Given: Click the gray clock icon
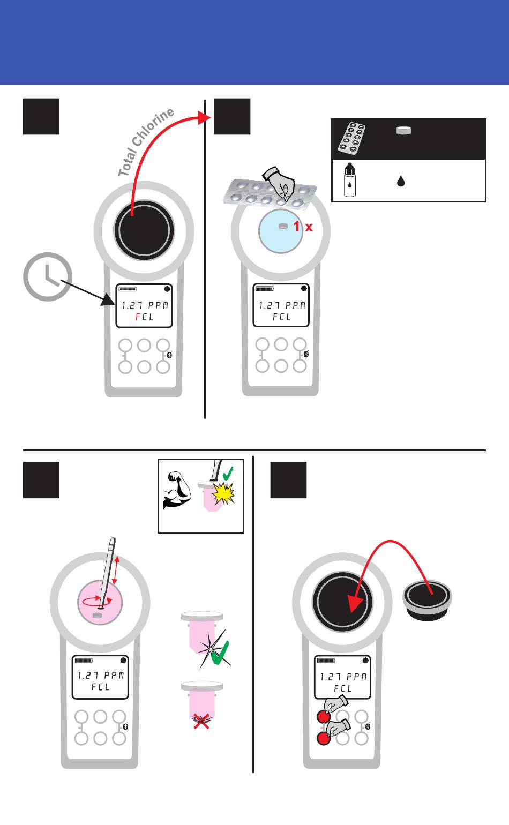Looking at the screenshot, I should click(x=48, y=276).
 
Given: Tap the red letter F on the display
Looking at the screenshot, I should click(x=138, y=317).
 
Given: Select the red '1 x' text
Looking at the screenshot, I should click(x=303, y=227).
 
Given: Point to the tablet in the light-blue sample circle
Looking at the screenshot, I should click(x=283, y=226).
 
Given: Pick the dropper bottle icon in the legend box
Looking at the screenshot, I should click(x=349, y=180).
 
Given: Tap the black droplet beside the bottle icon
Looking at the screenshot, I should click(x=400, y=181).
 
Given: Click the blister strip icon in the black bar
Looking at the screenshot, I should click(x=352, y=138).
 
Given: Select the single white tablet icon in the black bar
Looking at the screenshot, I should click(x=403, y=130).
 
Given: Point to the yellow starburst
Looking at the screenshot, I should click(x=224, y=493).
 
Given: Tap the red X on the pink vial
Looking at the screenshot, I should click(x=201, y=723).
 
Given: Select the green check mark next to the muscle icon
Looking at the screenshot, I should click(x=228, y=474).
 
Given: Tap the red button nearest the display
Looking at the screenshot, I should click(x=323, y=717).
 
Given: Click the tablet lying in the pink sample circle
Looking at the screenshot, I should click(x=97, y=616).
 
